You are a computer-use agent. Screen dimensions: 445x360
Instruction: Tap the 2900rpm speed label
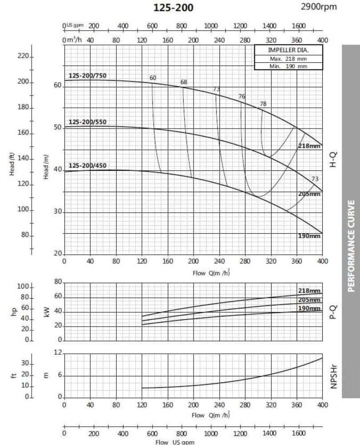(319, 7)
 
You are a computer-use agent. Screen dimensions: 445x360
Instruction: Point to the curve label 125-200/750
(87, 76)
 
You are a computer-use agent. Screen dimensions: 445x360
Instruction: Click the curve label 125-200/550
(87, 122)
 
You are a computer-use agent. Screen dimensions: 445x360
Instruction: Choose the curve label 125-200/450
(87, 166)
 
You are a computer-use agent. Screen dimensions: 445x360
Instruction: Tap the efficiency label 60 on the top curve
(153, 78)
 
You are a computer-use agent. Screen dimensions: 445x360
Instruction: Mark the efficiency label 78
(263, 104)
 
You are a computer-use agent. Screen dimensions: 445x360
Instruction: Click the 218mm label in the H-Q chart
(309, 146)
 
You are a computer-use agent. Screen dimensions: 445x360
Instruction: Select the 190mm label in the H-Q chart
(309, 236)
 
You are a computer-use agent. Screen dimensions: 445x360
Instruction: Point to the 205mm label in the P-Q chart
(309, 300)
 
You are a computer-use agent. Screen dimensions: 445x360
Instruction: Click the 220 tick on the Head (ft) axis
(23, 57)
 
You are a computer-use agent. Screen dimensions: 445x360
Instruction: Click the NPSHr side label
(333, 376)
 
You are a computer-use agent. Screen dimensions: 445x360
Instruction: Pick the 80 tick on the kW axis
(58, 282)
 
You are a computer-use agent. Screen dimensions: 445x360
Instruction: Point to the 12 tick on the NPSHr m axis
(58, 352)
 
